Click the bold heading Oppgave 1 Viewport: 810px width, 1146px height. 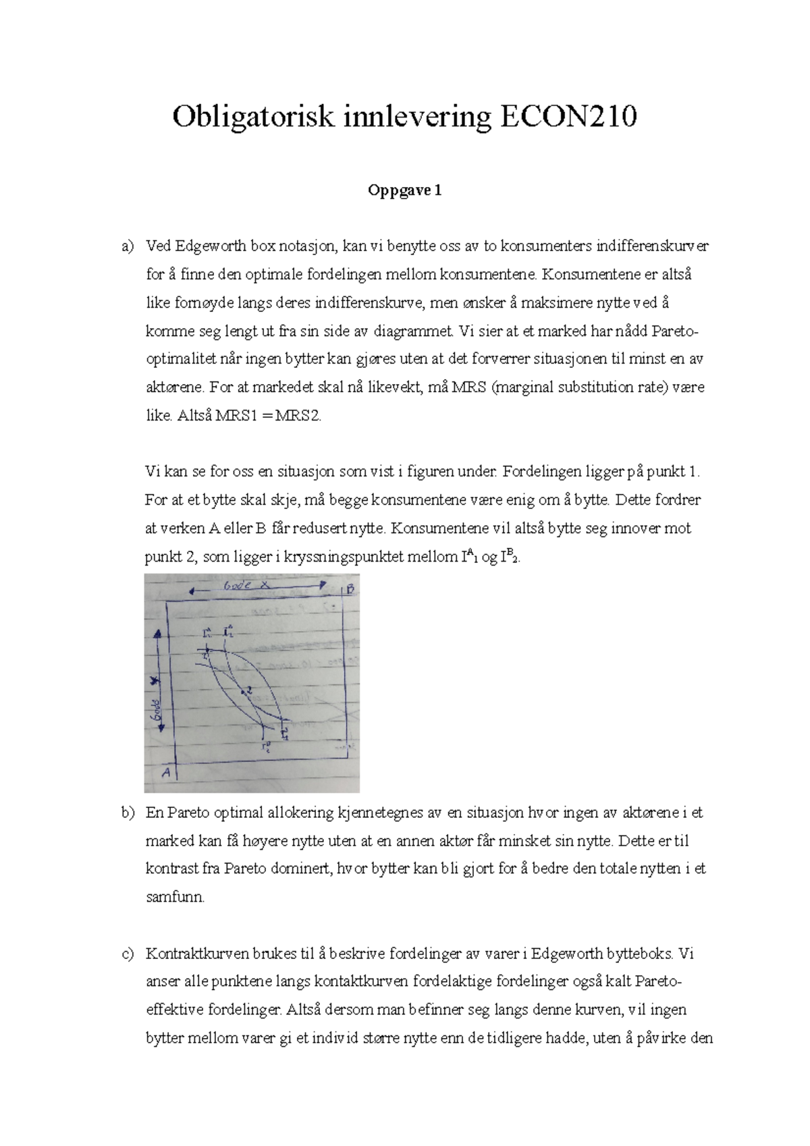(x=404, y=191)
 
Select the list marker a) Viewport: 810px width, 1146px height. (x=128, y=247)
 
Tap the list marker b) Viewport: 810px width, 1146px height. (x=128, y=813)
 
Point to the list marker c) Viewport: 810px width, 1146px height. (x=128, y=954)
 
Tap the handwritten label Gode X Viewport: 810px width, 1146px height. (x=246, y=586)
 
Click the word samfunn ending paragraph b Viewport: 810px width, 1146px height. (x=174, y=898)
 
